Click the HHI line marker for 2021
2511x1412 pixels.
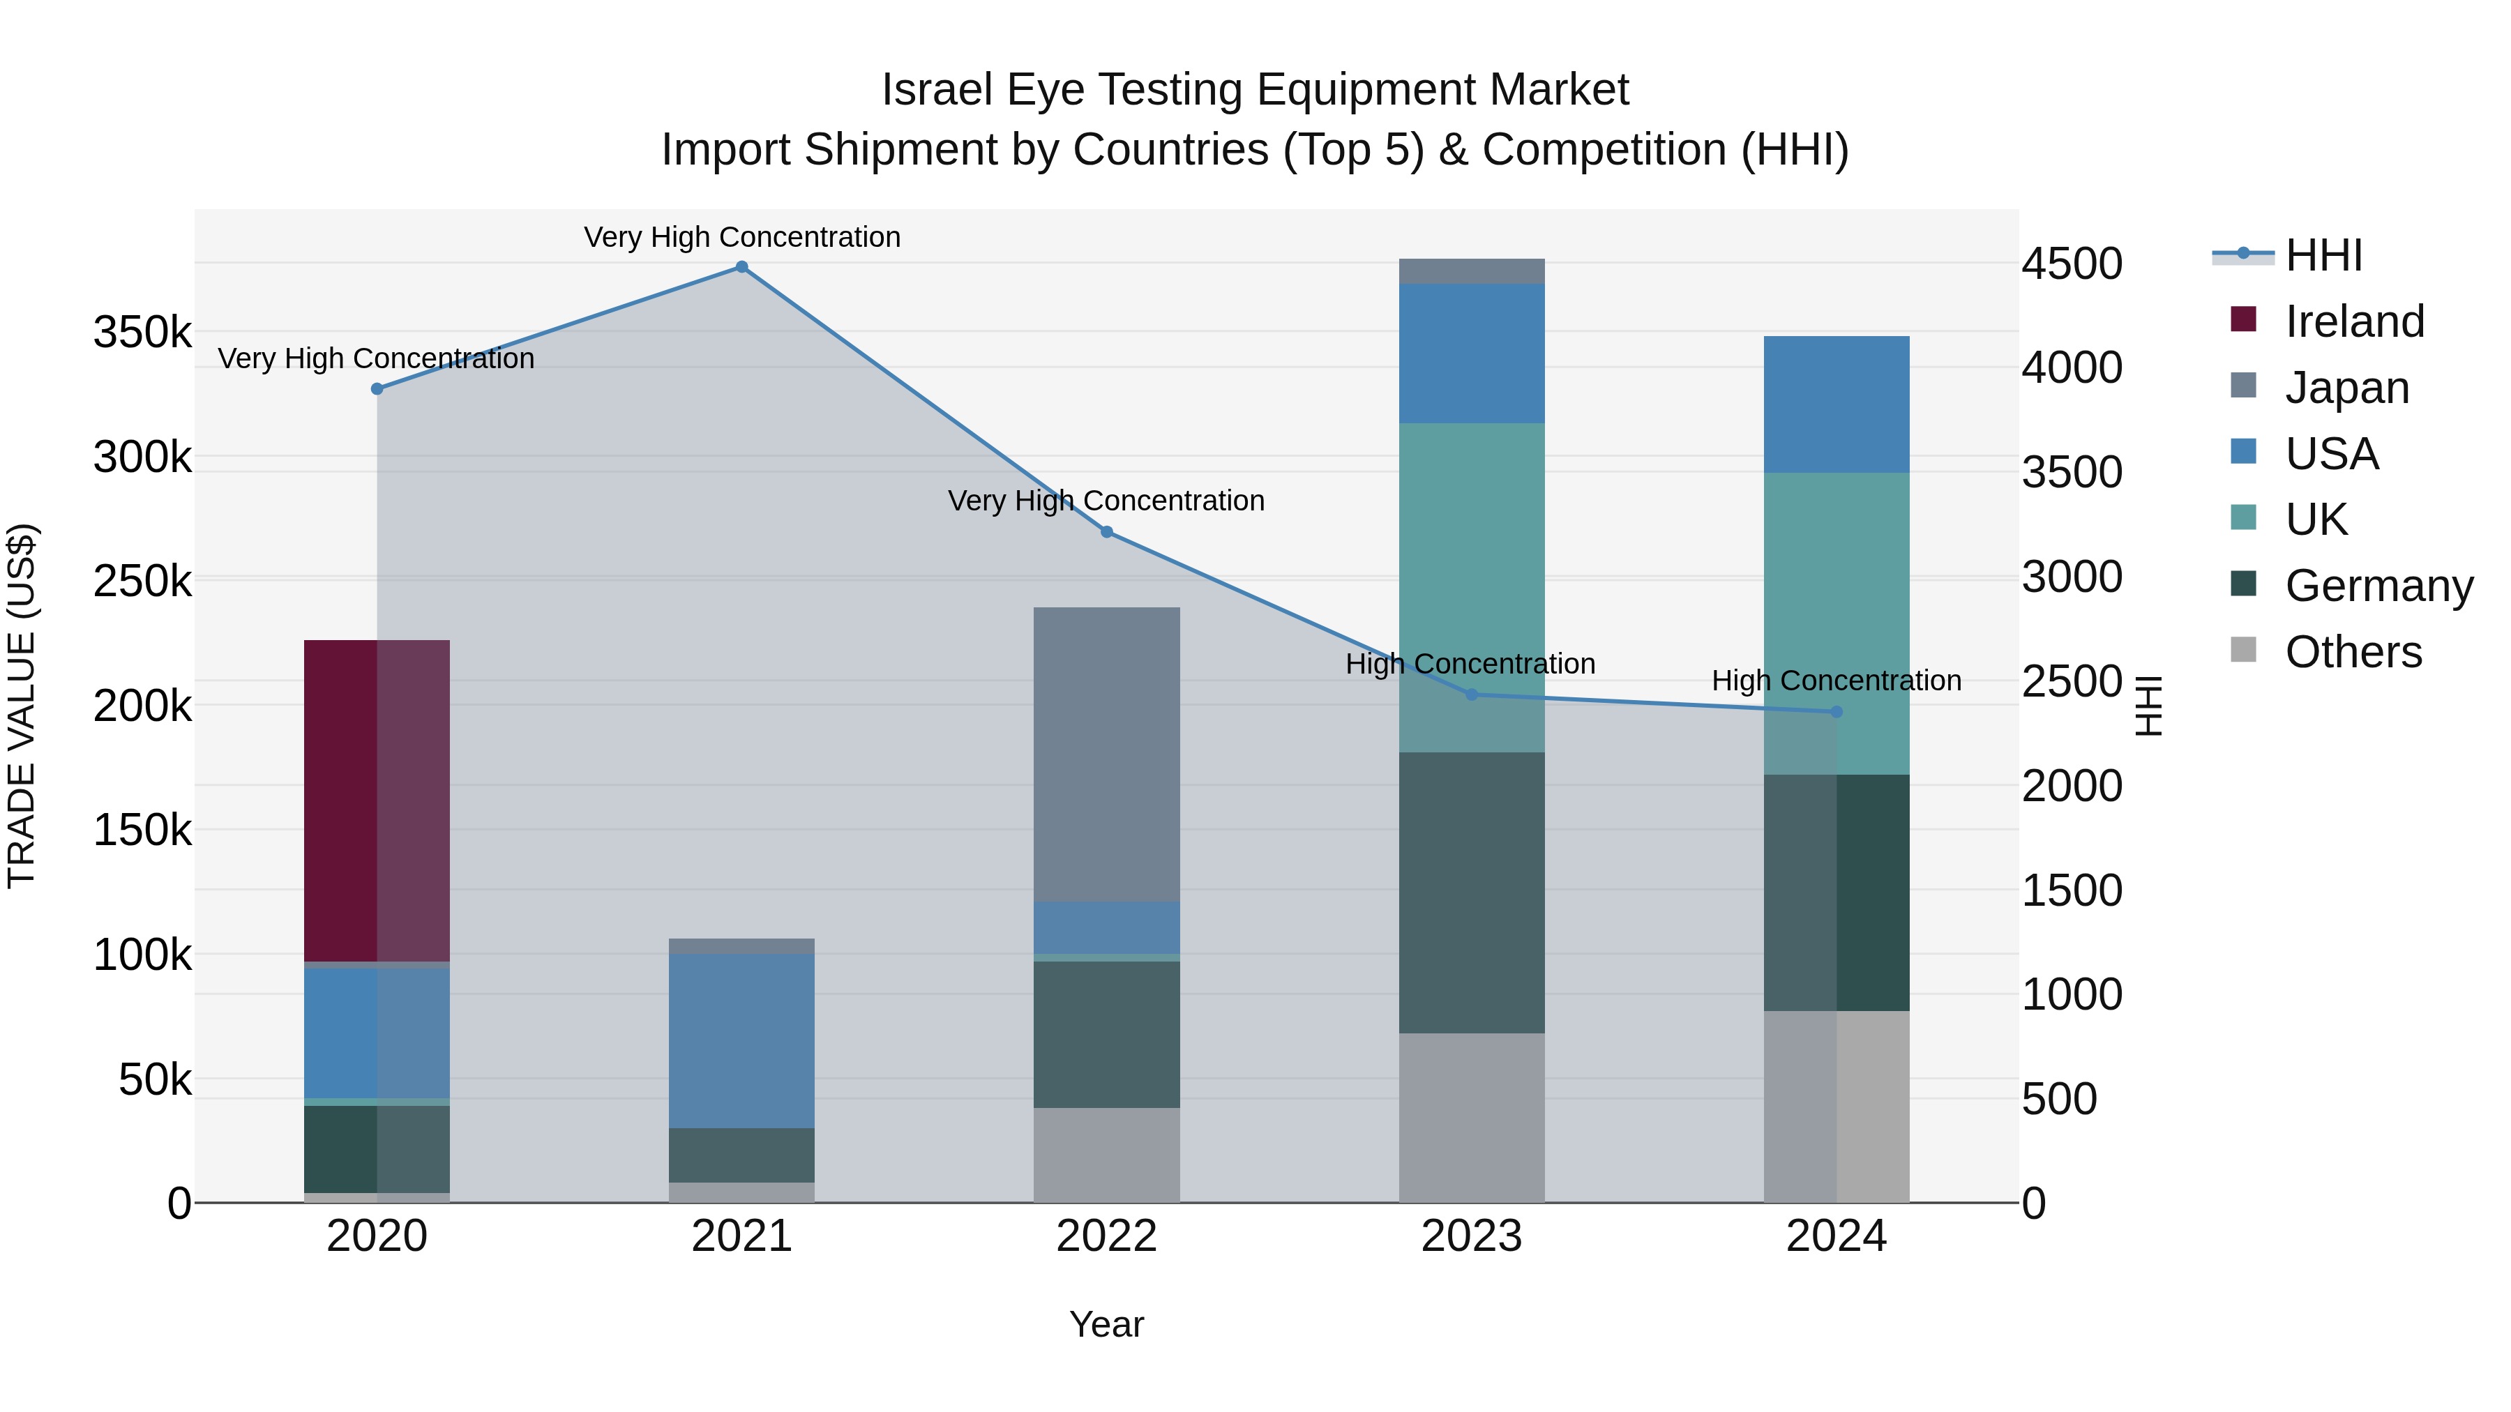[x=742, y=267]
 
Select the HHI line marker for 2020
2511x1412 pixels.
[x=377, y=389]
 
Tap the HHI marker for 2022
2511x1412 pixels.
[x=1106, y=532]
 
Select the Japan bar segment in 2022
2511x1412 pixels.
[x=1106, y=754]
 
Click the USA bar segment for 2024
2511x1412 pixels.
[x=1837, y=404]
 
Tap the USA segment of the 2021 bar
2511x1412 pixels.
[x=742, y=1041]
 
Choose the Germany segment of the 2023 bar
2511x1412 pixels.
[x=1472, y=893]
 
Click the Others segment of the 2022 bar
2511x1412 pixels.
[x=1106, y=1155]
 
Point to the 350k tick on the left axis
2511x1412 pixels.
[x=142, y=333]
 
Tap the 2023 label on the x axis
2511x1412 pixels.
[x=1472, y=1236]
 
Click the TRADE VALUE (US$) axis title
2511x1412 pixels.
[x=22, y=706]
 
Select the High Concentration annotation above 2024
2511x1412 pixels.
[x=1837, y=680]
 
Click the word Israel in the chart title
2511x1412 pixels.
[x=937, y=90]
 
